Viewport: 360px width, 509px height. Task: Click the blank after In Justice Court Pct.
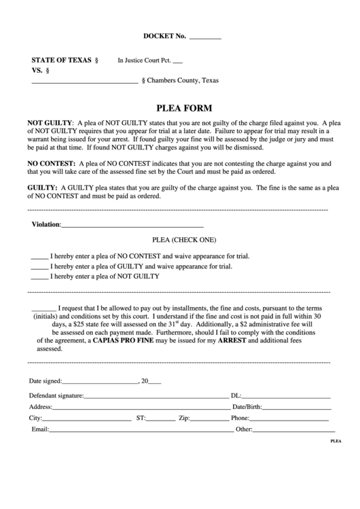click(x=178, y=61)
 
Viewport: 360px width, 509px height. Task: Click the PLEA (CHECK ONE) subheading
click(x=183, y=239)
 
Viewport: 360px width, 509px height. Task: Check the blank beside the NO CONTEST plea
click(x=39, y=257)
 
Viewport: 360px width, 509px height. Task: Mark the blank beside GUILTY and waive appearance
click(x=39, y=266)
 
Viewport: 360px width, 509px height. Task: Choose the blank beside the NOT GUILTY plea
click(x=39, y=277)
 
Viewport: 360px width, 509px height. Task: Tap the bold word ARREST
click(x=232, y=339)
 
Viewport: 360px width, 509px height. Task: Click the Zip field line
click(x=209, y=419)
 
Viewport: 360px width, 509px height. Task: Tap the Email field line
click(x=141, y=430)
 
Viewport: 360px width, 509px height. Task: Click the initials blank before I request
click(x=44, y=308)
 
